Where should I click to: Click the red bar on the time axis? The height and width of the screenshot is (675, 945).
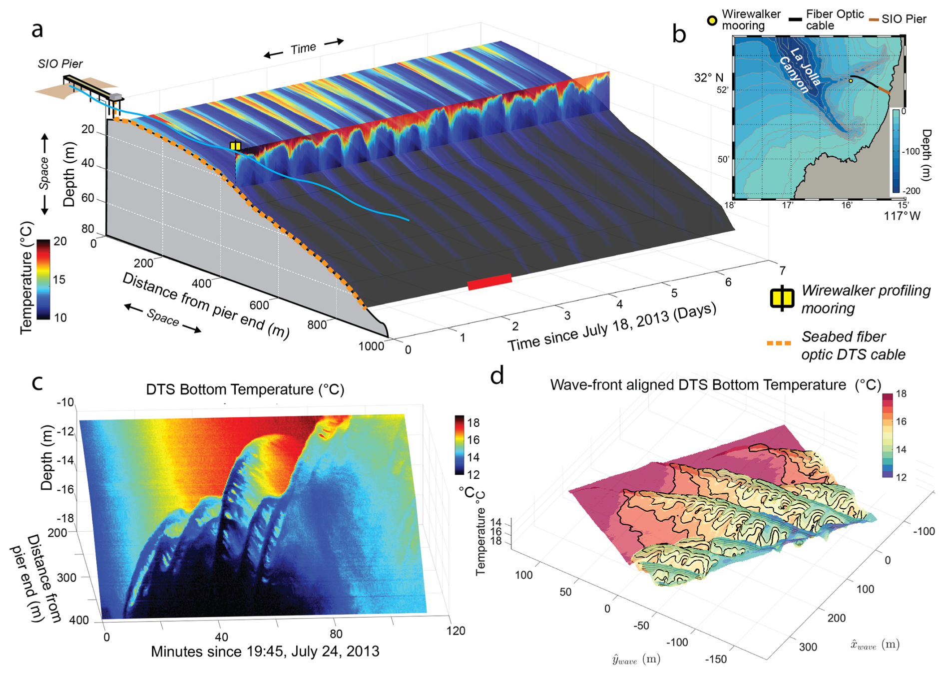click(x=489, y=282)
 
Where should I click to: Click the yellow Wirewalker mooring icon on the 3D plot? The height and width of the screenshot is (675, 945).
click(x=235, y=146)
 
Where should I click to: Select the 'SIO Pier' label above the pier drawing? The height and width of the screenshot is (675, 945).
click(x=60, y=64)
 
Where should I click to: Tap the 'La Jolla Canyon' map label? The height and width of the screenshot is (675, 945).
click(x=800, y=70)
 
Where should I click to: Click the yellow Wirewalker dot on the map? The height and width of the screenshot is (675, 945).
click(x=851, y=81)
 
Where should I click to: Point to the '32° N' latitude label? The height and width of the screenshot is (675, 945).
click(x=708, y=78)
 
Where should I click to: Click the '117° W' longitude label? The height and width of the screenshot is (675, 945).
click(x=902, y=216)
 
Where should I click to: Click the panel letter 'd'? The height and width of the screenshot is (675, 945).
click(x=497, y=375)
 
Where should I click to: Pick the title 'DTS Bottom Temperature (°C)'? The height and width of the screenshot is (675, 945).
click(x=245, y=389)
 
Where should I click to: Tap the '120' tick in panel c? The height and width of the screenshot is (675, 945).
click(x=456, y=631)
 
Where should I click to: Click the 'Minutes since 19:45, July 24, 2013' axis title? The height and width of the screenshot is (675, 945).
click(x=265, y=652)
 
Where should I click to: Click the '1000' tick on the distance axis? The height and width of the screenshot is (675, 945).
click(x=371, y=346)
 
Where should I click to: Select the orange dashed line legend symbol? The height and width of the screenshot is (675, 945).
click(x=779, y=343)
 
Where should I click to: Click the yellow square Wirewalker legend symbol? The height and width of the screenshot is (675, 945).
click(x=782, y=299)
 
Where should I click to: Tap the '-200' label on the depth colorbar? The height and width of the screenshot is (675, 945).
click(x=911, y=191)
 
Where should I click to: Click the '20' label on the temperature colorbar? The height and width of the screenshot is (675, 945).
click(x=60, y=242)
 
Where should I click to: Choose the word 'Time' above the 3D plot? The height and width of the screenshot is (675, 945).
click(x=303, y=48)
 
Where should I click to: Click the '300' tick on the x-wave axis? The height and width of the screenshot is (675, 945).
click(x=808, y=647)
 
